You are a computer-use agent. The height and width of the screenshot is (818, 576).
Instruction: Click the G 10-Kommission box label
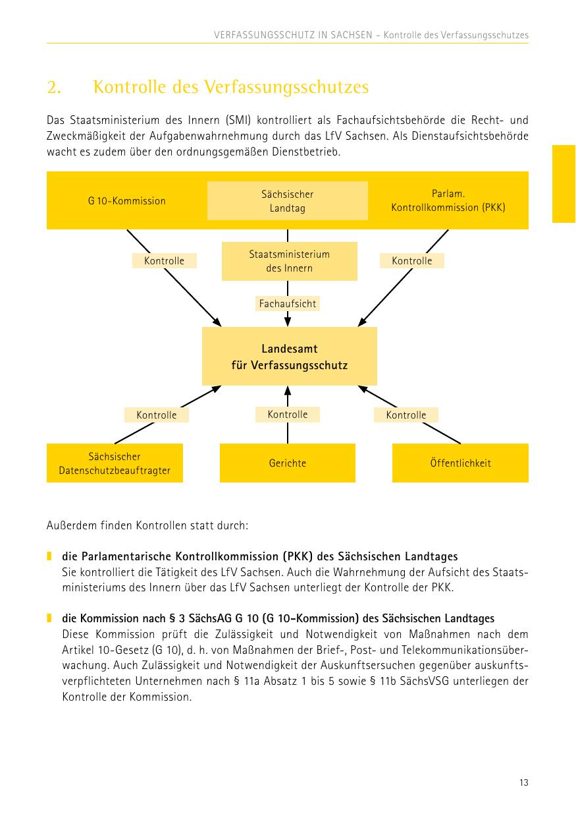pyautogui.click(x=127, y=201)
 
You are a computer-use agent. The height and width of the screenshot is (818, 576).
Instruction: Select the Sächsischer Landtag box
pyautogui.click(x=287, y=201)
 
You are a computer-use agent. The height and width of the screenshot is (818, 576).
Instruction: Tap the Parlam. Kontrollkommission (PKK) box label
pyautogui.click(x=448, y=201)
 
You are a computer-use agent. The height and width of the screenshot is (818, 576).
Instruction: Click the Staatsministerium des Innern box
pyautogui.click(x=289, y=261)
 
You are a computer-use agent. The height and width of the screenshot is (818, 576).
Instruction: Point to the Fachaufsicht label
pyautogui.click(x=288, y=304)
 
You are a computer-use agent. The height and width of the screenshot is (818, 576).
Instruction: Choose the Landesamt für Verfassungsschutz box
pyautogui.click(x=289, y=356)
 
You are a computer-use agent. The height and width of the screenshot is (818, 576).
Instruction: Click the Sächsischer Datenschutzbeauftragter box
pyautogui.click(x=115, y=463)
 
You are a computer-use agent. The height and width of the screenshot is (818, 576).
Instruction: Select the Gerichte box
pyautogui.click(x=288, y=463)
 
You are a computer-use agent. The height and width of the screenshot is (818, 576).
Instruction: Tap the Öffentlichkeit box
pyautogui.click(x=460, y=463)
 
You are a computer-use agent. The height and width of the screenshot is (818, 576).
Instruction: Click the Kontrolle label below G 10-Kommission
pyautogui.click(x=165, y=261)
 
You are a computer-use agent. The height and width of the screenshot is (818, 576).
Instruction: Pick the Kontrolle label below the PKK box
pyautogui.click(x=412, y=261)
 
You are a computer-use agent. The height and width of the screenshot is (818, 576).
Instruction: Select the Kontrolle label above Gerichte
pyautogui.click(x=288, y=415)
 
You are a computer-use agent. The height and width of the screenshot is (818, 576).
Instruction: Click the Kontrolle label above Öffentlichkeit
pyautogui.click(x=406, y=415)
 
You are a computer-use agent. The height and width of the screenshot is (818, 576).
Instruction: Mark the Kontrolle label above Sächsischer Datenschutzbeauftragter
pyautogui.click(x=157, y=415)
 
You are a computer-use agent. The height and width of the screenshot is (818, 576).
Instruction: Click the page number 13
pyautogui.click(x=523, y=782)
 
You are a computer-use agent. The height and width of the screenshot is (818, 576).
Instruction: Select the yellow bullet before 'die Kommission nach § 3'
pyautogui.click(x=49, y=619)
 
